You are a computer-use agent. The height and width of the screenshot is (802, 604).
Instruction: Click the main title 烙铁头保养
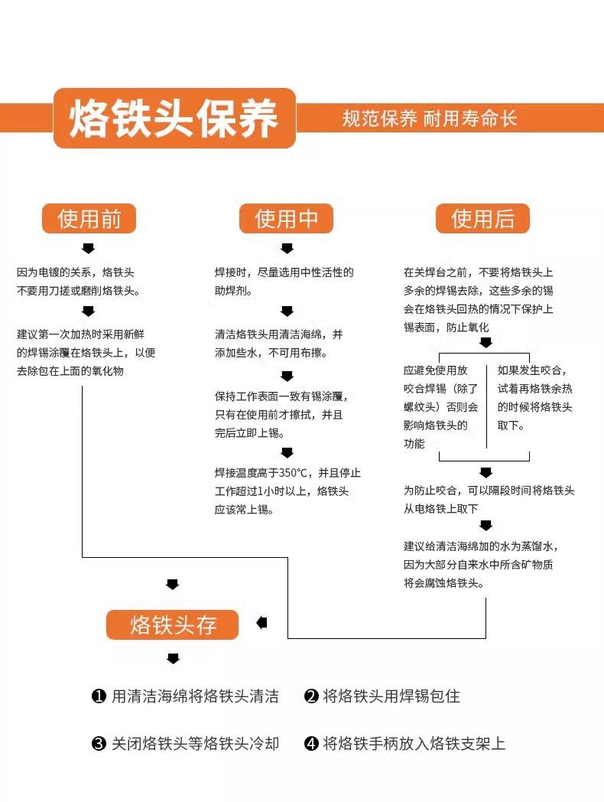click(x=174, y=119)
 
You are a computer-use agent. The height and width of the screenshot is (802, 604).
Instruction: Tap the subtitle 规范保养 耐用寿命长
click(x=430, y=119)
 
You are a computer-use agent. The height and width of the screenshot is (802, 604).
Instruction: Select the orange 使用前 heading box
click(x=89, y=219)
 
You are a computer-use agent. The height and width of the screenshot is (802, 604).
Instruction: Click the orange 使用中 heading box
click(x=286, y=219)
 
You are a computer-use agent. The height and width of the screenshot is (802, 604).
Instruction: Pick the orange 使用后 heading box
click(x=482, y=219)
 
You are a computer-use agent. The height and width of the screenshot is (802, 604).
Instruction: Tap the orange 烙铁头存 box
click(x=173, y=624)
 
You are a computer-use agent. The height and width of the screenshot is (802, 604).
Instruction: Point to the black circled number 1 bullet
click(x=99, y=696)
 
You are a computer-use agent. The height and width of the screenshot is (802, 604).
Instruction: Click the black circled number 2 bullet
click(x=310, y=696)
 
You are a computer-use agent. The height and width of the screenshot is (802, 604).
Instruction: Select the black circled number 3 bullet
click(x=99, y=744)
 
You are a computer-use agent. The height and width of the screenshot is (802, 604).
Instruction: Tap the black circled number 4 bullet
click(x=310, y=744)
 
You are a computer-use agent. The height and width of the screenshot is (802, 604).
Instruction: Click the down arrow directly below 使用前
click(x=89, y=248)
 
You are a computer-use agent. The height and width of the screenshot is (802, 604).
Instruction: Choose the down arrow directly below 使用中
click(x=287, y=248)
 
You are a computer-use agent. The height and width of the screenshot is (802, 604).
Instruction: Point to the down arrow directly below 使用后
click(x=483, y=248)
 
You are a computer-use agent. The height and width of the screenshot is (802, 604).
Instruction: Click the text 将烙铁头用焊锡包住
click(x=391, y=696)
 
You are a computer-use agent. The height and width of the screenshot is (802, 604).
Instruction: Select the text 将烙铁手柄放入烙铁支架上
click(x=414, y=744)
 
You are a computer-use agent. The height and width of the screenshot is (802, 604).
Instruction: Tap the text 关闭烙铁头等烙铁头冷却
click(x=195, y=744)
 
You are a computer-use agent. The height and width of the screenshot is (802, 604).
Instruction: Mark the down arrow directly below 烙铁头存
click(x=173, y=659)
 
